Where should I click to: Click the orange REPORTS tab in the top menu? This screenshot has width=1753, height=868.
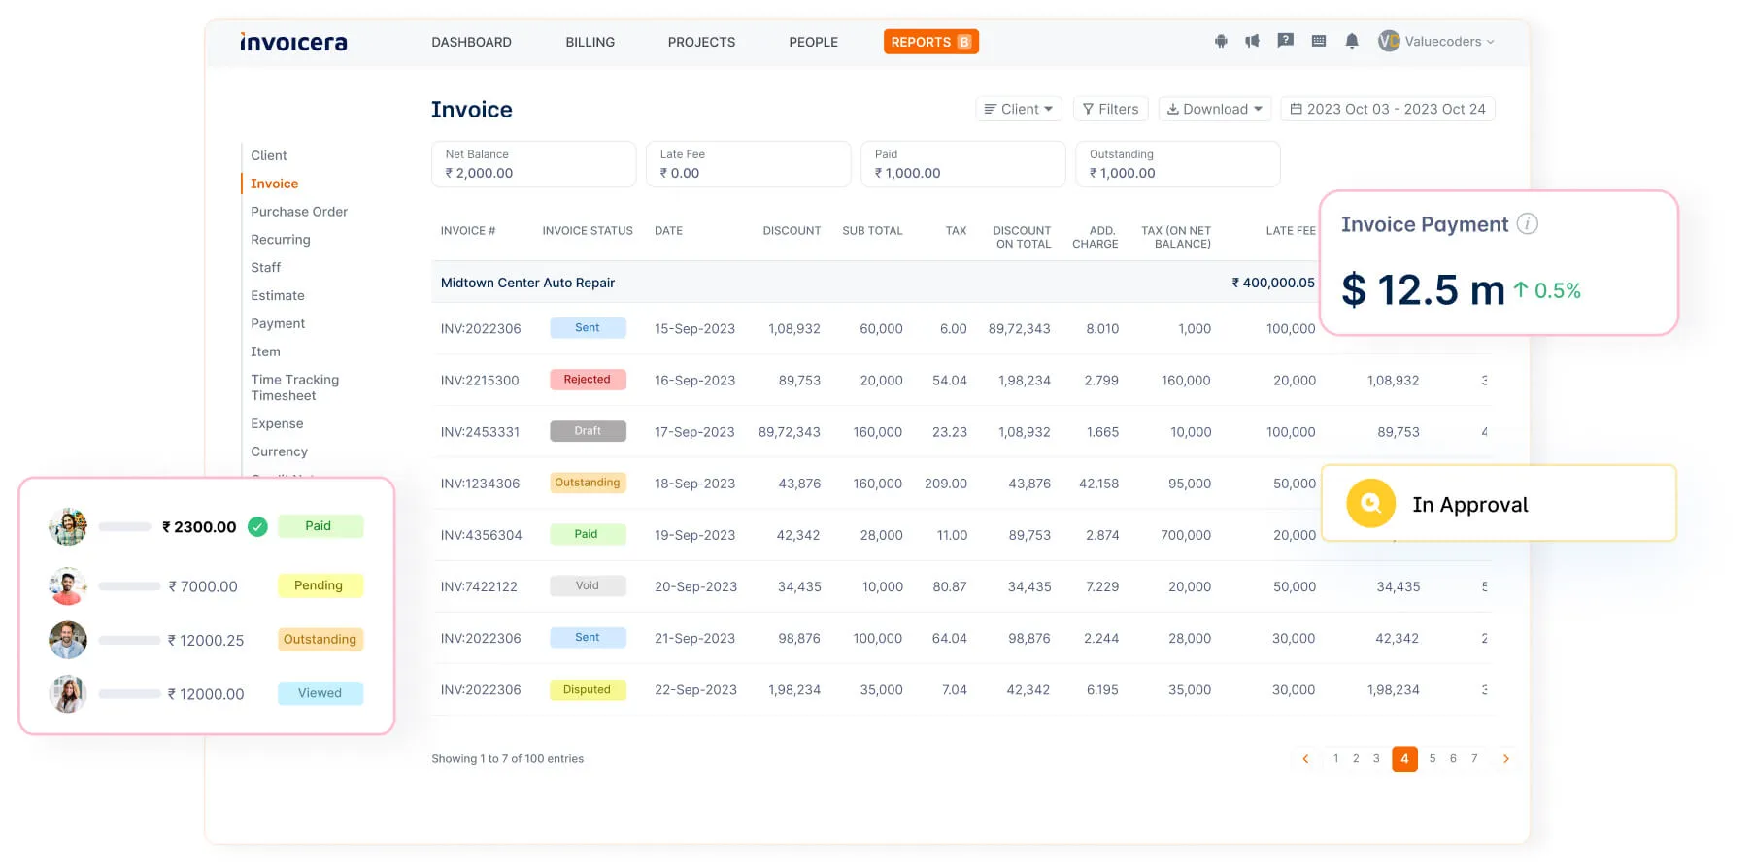click(x=929, y=42)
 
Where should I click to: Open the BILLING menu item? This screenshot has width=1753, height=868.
click(x=590, y=42)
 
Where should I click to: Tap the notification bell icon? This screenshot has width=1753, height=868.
click(x=1351, y=41)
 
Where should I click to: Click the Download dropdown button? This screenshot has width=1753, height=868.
click(x=1214, y=109)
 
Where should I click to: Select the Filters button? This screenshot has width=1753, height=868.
click(x=1110, y=109)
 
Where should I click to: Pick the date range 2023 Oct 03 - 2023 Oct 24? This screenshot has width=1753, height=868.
click(x=1387, y=109)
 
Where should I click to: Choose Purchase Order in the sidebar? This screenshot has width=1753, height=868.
click(x=298, y=212)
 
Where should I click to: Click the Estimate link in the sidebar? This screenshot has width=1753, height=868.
click(x=278, y=295)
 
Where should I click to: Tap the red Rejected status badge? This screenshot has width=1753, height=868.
click(x=587, y=380)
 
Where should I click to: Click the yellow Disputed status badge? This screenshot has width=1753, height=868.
click(x=587, y=690)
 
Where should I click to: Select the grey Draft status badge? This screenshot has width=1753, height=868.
click(x=587, y=431)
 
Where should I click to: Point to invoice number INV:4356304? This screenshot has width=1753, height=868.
click(x=481, y=535)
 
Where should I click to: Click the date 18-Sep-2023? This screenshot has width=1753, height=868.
click(x=694, y=484)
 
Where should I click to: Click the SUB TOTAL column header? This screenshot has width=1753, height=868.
click(x=871, y=231)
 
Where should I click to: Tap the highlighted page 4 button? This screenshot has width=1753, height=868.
click(x=1403, y=759)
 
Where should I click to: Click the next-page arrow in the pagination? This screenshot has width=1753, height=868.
click(x=1505, y=759)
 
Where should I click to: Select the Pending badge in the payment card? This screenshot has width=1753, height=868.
click(x=319, y=585)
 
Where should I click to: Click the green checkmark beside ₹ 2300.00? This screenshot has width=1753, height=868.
click(x=257, y=527)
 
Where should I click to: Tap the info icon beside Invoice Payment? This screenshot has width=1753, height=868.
click(x=1527, y=224)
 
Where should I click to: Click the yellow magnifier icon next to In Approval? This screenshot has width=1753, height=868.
click(x=1370, y=503)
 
